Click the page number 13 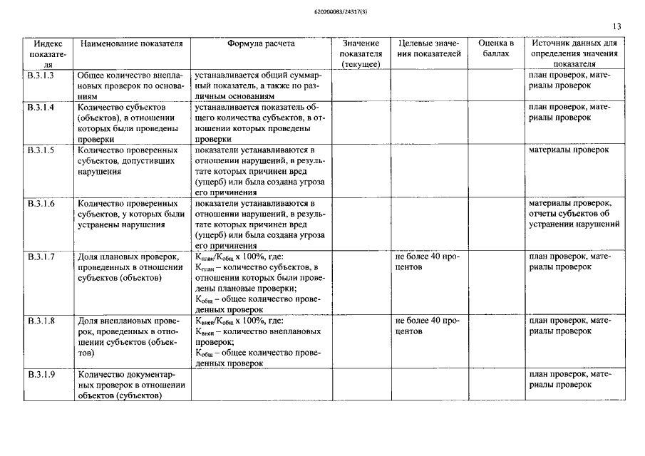[616, 27]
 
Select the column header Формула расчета [261, 43]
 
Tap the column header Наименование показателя [131, 43]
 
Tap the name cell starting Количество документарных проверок [131, 385]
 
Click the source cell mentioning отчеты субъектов [573, 214]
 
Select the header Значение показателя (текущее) [361, 54]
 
